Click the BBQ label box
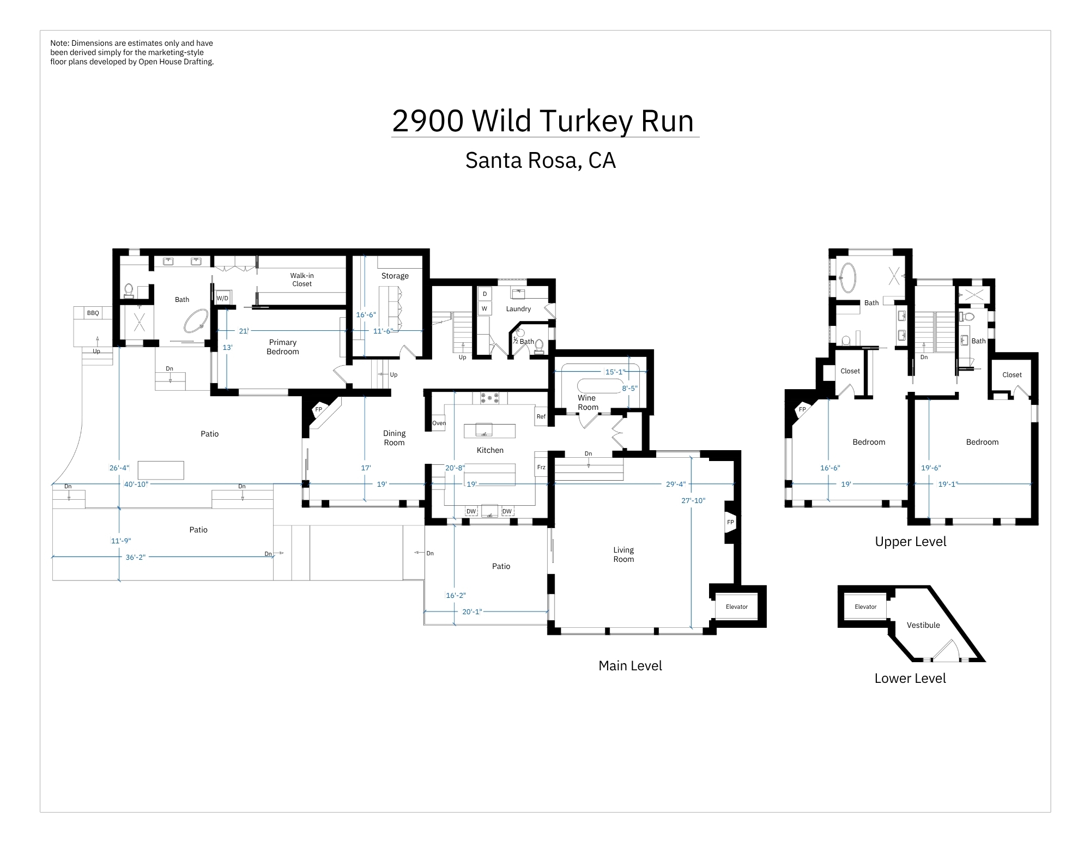point(93,313)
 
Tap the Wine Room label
point(588,403)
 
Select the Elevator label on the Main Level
point(737,607)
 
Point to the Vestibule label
point(923,625)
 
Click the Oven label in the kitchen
point(439,423)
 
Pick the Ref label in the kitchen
point(541,416)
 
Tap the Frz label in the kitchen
point(541,467)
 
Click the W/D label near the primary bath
point(222,298)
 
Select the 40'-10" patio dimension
point(136,484)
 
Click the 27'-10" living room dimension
point(693,500)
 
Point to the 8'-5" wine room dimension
point(629,389)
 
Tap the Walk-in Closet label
point(302,280)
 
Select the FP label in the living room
point(730,522)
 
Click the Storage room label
point(395,276)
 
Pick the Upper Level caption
point(911,542)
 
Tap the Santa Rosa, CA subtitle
point(541,160)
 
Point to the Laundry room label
point(518,309)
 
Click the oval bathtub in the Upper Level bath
point(847,278)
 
